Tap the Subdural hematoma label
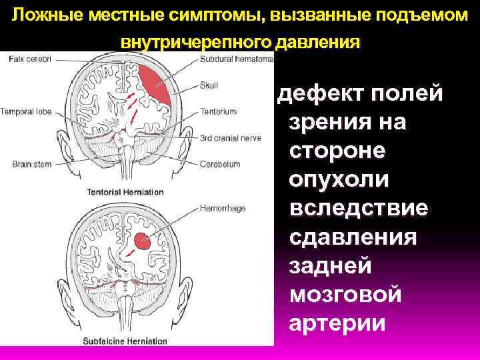[236, 59]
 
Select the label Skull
[209, 85]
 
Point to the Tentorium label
[216, 111]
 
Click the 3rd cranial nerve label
[229, 138]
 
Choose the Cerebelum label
[219, 163]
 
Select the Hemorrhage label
[223, 208]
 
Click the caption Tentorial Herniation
[125, 192]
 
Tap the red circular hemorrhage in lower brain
[141, 241]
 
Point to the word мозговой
[345, 294]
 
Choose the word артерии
[337, 323]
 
